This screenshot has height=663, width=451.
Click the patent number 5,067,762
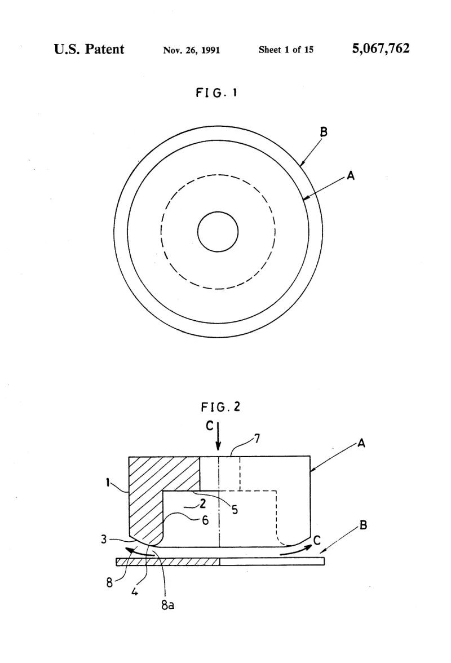(381, 48)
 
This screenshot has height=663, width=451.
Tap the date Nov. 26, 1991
(192, 50)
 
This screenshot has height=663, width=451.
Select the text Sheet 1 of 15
(286, 50)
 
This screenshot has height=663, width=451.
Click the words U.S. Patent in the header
(89, 49)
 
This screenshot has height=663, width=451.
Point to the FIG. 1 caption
(216, 92)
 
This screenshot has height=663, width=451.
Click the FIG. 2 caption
(220, 407)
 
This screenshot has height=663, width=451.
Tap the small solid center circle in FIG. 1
(218, 232)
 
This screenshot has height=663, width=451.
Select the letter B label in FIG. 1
(324, 132)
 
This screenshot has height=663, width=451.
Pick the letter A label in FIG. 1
(351, 175)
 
